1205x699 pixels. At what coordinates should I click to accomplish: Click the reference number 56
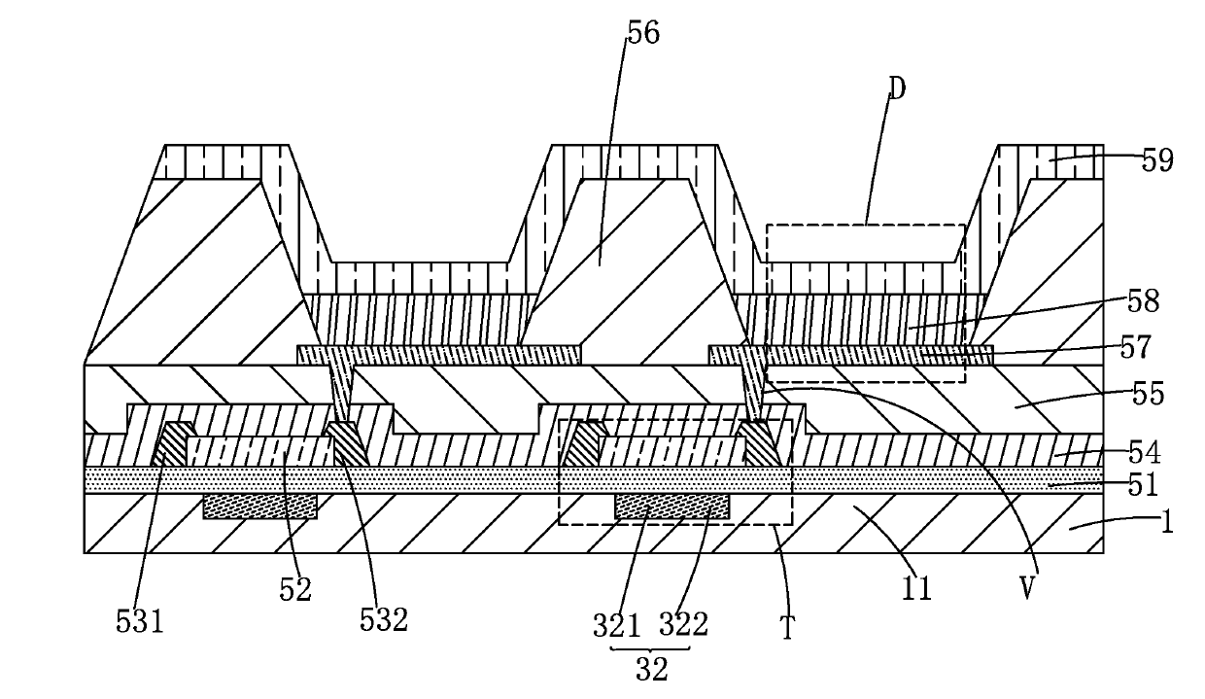tap(642, 33)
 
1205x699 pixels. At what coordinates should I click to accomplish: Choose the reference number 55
tap(1145, 395)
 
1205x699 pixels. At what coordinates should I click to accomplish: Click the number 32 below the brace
tap(650, 670)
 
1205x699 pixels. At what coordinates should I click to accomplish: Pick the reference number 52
tap(294, 589)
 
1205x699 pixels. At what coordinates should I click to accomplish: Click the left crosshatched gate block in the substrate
tap(259, 506)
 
